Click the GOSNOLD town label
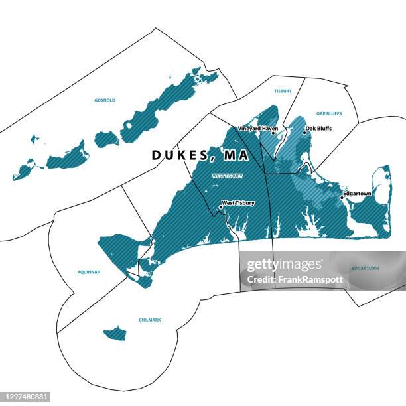point(105,100)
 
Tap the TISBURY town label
point(283,91)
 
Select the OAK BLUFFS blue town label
point(329,113)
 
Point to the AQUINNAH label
point(89,272)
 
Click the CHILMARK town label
point(150,320)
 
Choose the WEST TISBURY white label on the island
point(228,176)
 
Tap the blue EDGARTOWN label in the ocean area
point(365,268)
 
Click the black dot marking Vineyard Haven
point(273,133)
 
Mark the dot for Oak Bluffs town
point(304,133)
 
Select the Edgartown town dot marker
point(342,197)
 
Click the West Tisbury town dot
point(220,207)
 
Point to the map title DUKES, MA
point(200,155)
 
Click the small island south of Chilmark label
point(115,333)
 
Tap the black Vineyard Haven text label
point(257,128)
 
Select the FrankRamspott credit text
point(295,279)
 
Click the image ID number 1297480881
point(26,397)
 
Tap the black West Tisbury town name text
point(238,202)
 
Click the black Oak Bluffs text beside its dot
point(318,128)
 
